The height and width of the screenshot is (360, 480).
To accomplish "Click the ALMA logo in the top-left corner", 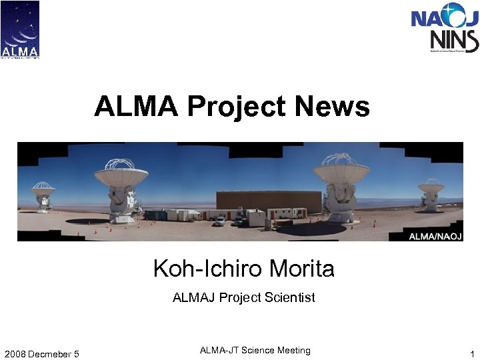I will click(x=20, y=29).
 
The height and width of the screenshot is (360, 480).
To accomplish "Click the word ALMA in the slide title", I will click(x=136, y=106).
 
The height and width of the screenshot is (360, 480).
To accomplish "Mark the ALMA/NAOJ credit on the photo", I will click(x=433, y=235).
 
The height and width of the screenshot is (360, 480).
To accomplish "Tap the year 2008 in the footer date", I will click(x=15, y=353).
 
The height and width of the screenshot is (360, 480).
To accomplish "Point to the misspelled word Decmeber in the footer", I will click(x=48, y=353).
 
